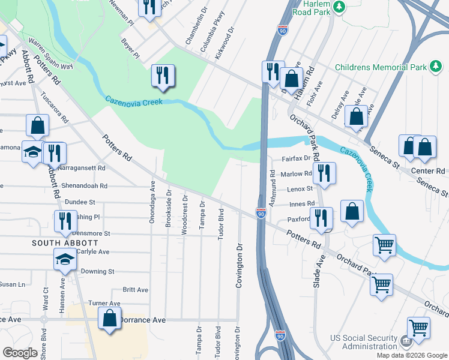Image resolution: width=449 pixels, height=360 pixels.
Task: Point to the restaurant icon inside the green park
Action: (163, 76)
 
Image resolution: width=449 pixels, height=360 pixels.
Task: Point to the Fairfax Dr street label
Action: (296, 158)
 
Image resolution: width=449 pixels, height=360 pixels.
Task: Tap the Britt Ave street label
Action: (135, 290)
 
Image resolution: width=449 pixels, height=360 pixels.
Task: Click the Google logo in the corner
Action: (20, 353)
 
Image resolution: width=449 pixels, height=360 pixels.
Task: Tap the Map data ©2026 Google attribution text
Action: (411, 355)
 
